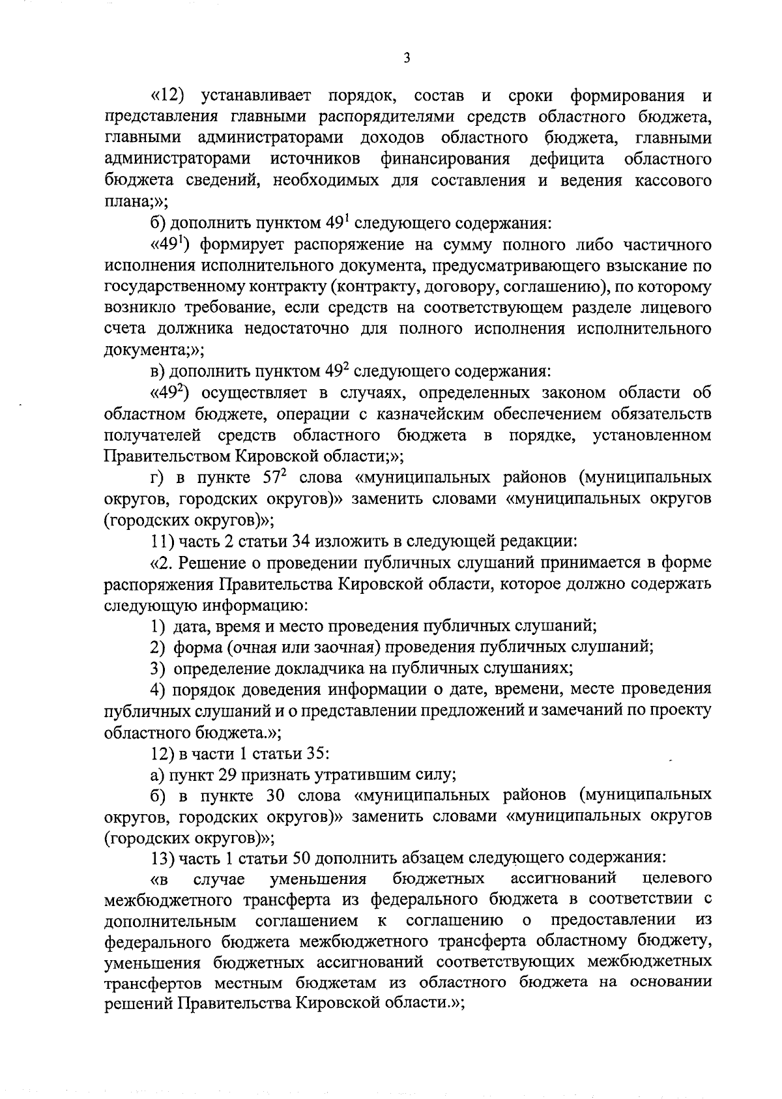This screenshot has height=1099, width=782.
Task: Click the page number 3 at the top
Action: pyautogui.click(x=407, y=58)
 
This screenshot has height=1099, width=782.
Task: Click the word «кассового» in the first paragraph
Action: pyautogui.click(x=673, y=181)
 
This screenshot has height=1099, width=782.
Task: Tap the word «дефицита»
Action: pyautogui.click(x=566, y=160)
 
